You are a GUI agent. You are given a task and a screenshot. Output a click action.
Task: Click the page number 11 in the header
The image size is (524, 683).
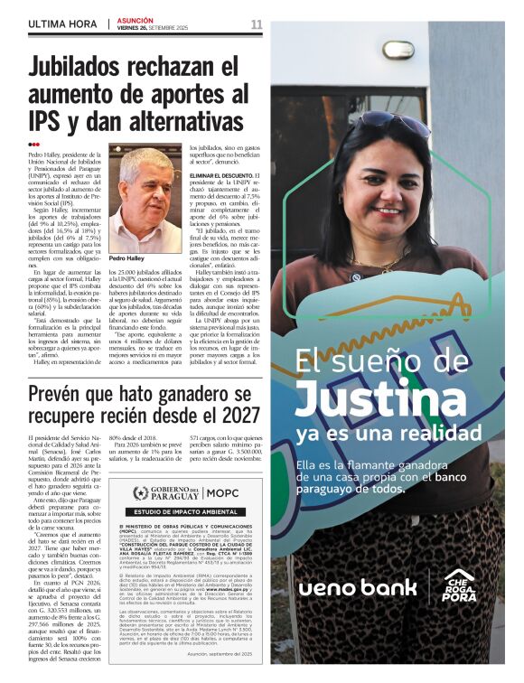[x=256, y=23]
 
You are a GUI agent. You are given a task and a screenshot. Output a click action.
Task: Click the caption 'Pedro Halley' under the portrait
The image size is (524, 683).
[x=128, y=258]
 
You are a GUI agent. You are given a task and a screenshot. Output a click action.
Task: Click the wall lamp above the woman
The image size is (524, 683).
[x=398, y=49]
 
